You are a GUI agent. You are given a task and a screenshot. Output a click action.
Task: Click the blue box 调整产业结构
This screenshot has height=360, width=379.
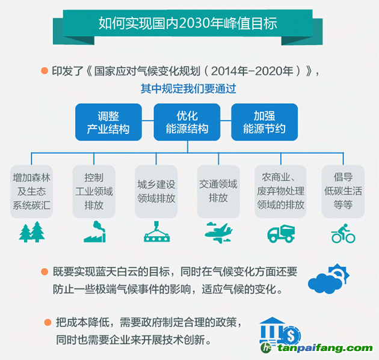pos(108,122)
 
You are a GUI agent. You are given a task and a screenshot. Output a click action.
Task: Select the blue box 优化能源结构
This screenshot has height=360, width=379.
pos(187,122)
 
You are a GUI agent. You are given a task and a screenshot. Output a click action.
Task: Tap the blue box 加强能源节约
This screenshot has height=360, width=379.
pos(265,122)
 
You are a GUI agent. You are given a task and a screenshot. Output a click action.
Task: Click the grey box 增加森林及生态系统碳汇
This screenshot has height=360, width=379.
pos(31,192)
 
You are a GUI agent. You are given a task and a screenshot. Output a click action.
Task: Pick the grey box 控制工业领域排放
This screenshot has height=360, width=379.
pos(94,192)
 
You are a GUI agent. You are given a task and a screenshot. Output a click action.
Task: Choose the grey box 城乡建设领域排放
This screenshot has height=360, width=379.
pos(156,192)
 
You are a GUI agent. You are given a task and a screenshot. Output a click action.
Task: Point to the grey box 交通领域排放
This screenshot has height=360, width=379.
pos(218,192)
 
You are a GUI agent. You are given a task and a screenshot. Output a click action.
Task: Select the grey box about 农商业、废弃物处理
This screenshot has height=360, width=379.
pos(280,192)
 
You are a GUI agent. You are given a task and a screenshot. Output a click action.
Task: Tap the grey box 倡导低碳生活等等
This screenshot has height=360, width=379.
pos(344,192)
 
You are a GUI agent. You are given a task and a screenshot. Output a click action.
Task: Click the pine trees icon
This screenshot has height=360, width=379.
pos(32,232)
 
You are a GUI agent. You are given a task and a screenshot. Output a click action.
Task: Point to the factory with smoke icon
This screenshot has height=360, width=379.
pos(95,231)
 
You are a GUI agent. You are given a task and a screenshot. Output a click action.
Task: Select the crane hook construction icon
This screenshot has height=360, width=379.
pos(157,231)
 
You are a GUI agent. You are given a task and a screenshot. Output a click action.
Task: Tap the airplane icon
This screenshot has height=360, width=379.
pos(219,233)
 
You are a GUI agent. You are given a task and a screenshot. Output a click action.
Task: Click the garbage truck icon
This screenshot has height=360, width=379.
pos(281,233)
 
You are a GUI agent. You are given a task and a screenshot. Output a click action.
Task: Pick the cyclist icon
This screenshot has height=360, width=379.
pos(344,233)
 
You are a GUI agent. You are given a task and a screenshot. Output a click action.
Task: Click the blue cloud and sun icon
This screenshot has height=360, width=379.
pos(328,279)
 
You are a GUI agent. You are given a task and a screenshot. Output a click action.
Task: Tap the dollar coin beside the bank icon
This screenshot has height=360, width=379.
pos(291,335)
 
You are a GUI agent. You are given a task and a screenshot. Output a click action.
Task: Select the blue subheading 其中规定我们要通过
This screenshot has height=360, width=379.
pos(188,88)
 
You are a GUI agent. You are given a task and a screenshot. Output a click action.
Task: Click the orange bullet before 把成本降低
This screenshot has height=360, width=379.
pos(48,322)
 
